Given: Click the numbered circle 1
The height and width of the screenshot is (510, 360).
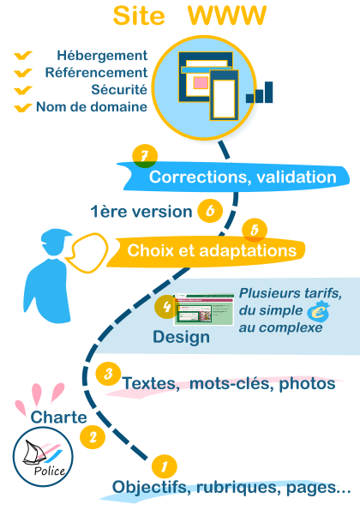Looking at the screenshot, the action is [x=165, y=467].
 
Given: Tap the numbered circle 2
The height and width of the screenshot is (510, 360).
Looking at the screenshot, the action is [x=93, y=436].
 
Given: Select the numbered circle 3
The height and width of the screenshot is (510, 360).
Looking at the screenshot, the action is [x=108, y=374].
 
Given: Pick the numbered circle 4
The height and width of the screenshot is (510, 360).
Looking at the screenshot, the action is [x=166, y=306].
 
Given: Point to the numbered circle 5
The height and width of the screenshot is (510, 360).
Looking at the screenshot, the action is [x=255, y=231].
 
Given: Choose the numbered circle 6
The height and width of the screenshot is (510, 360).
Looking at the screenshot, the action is [x=210, y=211].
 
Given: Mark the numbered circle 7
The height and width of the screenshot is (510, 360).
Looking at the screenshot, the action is [x=145, y=157].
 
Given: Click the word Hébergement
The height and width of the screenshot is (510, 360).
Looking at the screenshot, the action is [x=102, y=56].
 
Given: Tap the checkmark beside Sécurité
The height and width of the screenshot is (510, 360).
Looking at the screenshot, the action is [x=23, y=90].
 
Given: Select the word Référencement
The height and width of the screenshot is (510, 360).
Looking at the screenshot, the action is [x=96, y=73].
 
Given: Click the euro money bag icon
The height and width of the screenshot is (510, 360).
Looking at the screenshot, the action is [x=319, y=311].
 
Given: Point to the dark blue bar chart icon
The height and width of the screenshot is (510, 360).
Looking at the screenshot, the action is [x=259, y=92].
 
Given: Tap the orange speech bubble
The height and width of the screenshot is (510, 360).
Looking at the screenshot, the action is [x=87, y=253].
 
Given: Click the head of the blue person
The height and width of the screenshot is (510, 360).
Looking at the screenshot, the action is [x=55, y=242].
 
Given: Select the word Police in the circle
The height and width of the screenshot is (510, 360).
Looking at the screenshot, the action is [x=50, y=471].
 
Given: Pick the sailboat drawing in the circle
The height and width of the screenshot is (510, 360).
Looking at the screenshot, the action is [x=33, y=453].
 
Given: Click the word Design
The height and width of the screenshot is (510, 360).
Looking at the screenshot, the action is [x=181, y=337].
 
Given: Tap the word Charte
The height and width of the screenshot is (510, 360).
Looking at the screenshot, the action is [x=58, y=417].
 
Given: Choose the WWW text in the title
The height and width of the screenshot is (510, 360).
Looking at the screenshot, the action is [x=227, y=15].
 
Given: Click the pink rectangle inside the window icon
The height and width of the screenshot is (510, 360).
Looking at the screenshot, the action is [x=201, y=82].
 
